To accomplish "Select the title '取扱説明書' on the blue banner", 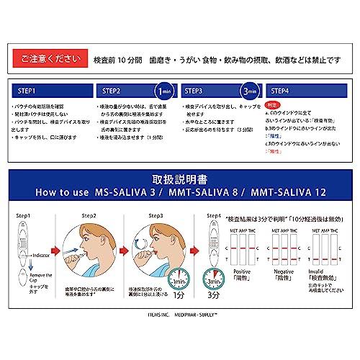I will [x=179, y=179].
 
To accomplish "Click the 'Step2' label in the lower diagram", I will [x=89, y=215].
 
